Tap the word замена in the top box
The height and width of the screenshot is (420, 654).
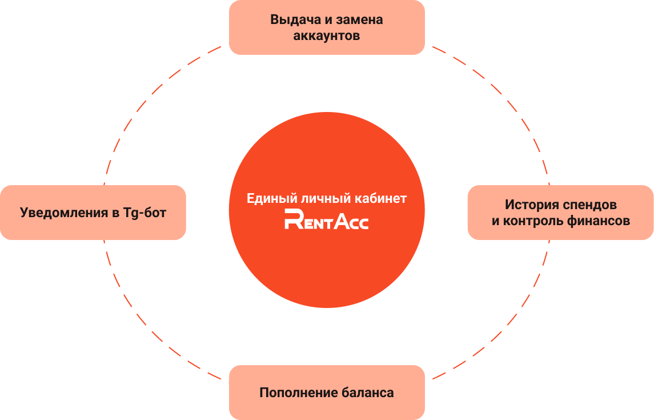point(359,19)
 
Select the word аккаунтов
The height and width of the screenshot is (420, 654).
point(327,36)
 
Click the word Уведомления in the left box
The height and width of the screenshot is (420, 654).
point(64,213)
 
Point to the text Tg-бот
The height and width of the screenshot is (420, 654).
point(145,213)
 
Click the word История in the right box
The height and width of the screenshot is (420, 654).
point(532,205)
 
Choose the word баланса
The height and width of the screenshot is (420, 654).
point(368,393)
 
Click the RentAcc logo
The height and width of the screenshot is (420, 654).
point(327,219)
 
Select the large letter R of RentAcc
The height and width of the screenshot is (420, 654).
point(294,219)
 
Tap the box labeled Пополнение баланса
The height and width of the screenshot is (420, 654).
point(327,393)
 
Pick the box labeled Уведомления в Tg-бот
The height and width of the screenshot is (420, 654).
point(93,213)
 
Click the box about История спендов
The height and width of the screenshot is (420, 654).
point(560,213)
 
